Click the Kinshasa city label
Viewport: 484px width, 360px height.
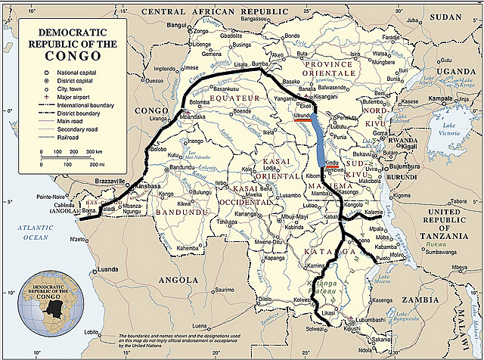tap(149, 185)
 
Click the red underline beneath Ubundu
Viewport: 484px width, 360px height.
tap(306, 117)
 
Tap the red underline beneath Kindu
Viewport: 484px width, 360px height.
tap(332, 169)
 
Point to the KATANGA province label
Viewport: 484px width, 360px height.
tap(322, 250)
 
